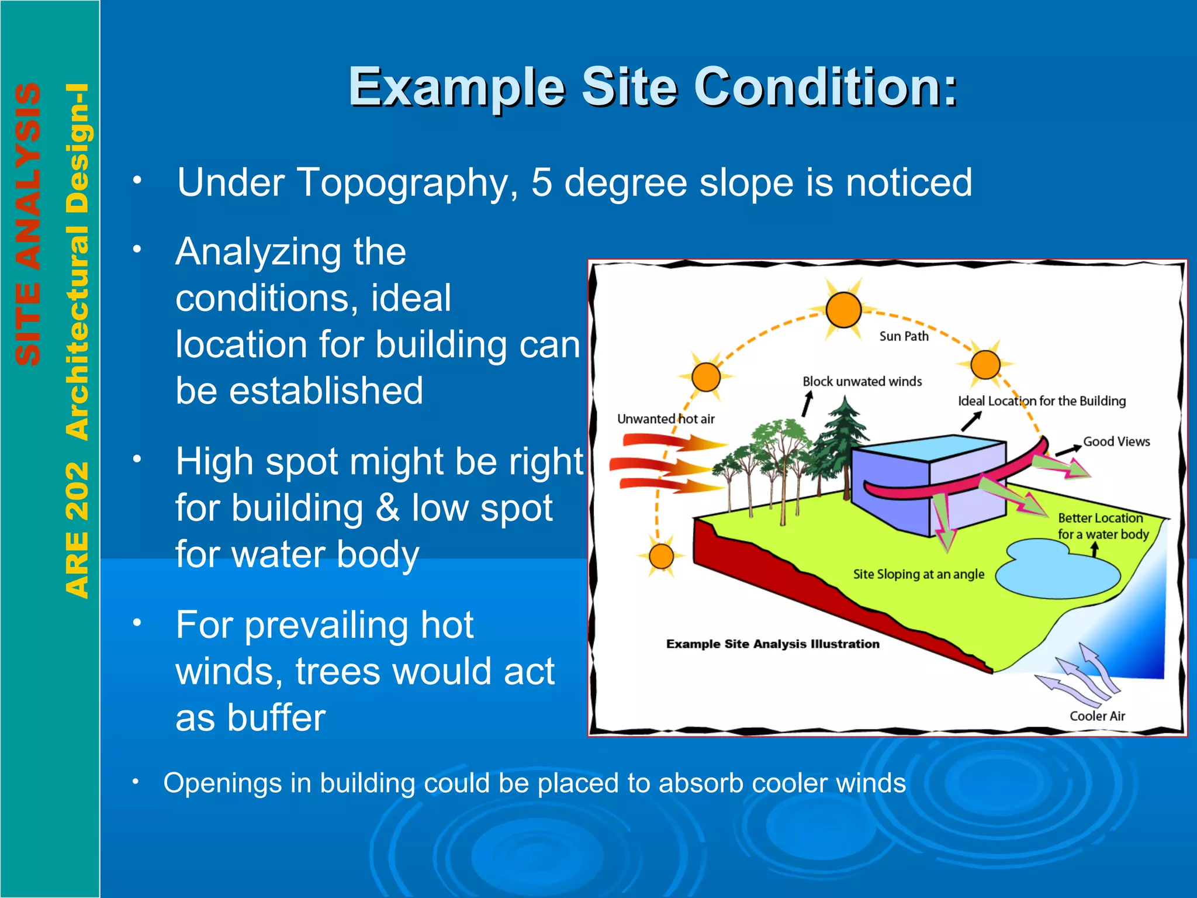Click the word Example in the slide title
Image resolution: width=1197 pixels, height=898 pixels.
coord(456,88)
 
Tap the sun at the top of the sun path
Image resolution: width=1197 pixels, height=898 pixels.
coord(843,310)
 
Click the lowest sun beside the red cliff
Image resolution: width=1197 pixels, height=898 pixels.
coord(661,556)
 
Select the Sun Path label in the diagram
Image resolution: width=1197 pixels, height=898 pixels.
coord(904,336)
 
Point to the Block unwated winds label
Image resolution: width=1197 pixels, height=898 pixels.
coord(862,382)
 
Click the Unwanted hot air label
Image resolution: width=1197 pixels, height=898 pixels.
coord(666,419)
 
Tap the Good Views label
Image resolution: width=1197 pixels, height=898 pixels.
coord(1116,442)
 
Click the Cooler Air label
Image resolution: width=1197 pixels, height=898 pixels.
coord(1097,716)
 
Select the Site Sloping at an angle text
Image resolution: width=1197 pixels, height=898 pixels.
coord(918,574)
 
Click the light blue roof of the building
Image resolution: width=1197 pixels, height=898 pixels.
coord(929,449)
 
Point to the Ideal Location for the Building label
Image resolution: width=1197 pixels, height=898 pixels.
coord(1042,401)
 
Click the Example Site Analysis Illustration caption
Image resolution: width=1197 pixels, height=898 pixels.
coord(773,644)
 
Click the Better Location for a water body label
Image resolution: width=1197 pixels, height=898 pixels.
coord(1102,526)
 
